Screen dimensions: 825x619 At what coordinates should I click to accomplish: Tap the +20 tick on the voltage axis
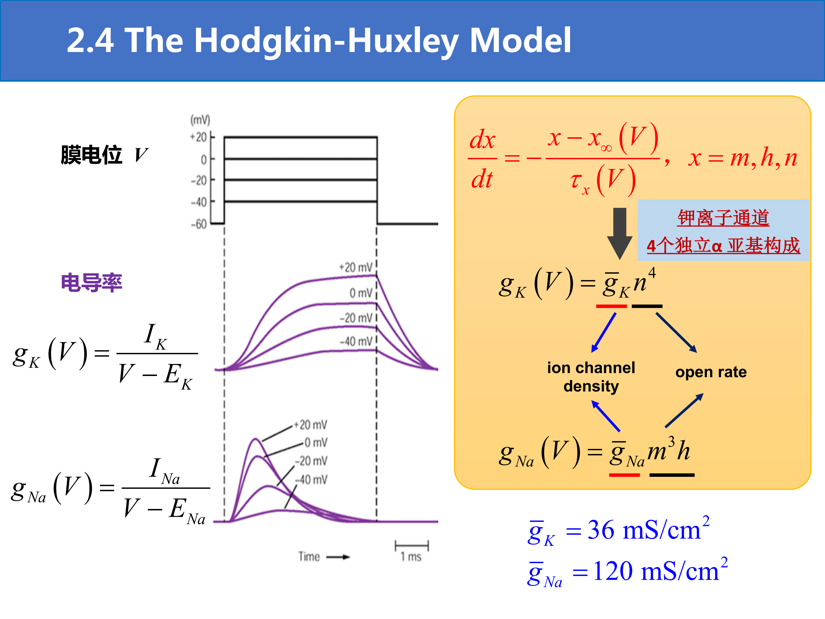199,137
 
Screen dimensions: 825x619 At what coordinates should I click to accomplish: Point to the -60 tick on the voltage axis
199,224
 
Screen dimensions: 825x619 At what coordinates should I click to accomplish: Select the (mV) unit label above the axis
200,120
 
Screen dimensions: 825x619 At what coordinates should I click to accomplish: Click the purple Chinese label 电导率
92,283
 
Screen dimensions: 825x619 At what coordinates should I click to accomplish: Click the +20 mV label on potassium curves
356,267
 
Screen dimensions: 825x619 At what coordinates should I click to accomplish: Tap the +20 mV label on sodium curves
310,425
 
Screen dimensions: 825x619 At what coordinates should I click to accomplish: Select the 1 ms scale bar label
411,557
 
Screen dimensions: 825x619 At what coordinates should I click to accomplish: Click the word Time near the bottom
309,557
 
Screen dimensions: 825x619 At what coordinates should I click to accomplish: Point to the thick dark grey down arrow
620,234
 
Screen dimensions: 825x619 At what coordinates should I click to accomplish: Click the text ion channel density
591,377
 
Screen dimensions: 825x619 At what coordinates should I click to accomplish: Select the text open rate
711,372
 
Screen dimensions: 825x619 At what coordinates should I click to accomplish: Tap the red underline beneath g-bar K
611,306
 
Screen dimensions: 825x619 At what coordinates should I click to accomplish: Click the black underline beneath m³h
672,475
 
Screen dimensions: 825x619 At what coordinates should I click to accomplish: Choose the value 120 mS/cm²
660,571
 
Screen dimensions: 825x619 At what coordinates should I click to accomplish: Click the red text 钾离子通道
723,218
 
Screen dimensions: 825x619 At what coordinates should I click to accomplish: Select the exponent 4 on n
652,273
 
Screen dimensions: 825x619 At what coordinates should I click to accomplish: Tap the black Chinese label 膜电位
92,155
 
